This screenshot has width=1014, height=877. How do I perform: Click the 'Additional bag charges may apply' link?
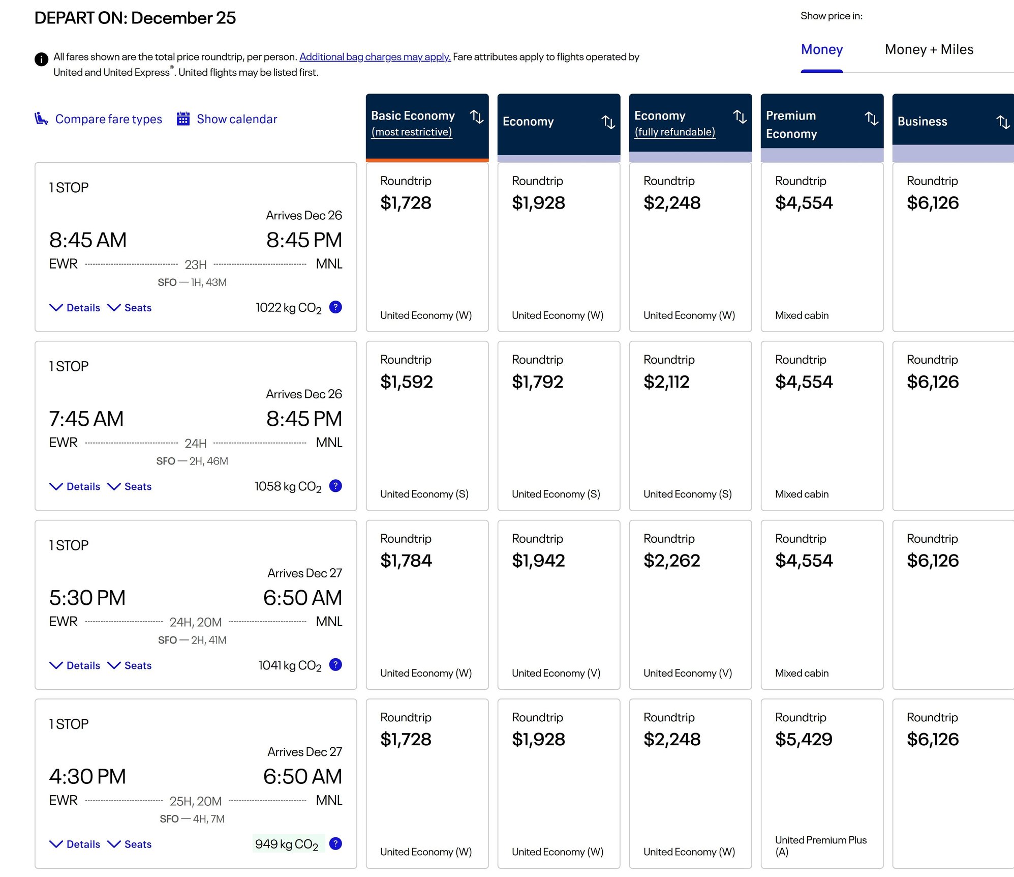[x=375, y=57]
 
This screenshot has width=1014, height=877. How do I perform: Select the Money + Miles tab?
[x=929, y=49]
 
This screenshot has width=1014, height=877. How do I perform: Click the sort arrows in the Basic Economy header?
[x=477, y=117]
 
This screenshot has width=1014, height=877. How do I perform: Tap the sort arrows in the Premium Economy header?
[x=872, y=119]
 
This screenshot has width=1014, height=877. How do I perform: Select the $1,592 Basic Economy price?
[x=407, y=382]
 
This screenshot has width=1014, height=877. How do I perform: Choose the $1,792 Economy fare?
[x=538, y=382]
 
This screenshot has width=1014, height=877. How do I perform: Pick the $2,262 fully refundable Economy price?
[x=672, y=561]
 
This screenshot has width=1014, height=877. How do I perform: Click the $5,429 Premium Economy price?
[x=804, y=739]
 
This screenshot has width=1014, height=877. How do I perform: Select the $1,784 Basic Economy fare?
[x=406, y=561]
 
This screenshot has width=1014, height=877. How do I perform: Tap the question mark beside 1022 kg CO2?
[x=335, y=307]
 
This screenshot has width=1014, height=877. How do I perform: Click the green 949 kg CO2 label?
[x=287, y=844]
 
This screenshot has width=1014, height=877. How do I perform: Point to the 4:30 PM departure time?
[x=87, y=777]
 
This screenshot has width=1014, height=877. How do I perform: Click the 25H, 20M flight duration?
[x=196, y=801]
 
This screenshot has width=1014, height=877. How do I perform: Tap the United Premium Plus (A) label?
[x=821, y=846]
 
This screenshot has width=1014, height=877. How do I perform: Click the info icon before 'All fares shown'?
[x=41, y=60]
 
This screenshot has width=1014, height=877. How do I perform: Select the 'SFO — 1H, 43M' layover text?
[x=192, y=282]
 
